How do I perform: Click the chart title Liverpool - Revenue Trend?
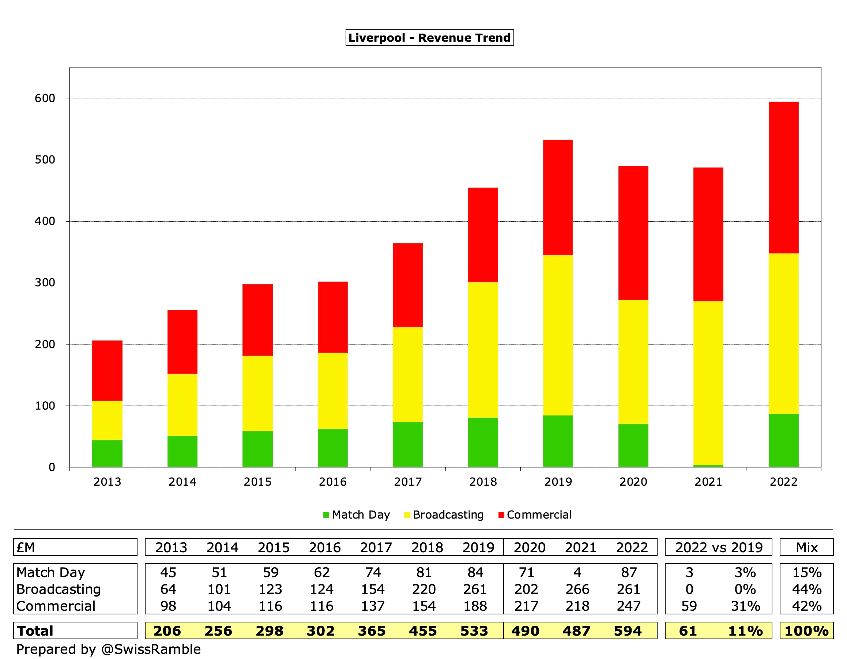pyautogui.click(x=429, y=38)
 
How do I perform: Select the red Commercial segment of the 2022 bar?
pyautogui.click(x=783, y=177)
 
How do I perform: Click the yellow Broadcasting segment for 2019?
pyautogui.click(x=558, y=335)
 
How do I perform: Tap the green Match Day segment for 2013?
pyautogui.click(x=107, y=453)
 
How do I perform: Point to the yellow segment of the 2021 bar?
pyautogui.click(x=708, y=383)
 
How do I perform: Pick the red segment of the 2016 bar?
pyautogui.click(x=332, y=317)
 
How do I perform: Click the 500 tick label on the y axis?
pyautogui.click(x=45, y=160)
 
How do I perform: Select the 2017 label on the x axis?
pyautogui.click(x=408, y=482)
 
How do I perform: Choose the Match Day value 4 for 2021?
pyautogui.click(x=577, y=572)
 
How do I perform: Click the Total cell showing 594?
pyautogui.click(x=628, y=631)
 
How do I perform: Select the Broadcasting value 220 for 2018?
pyautogui.click(x=423, y=589)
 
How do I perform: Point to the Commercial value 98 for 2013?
pyautogui.click(x=168, y=606)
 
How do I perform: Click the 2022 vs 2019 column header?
pyautogui.click(x=718, y=547)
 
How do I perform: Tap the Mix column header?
pyautogui.click(x=806, y=547)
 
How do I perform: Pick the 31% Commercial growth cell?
pyautogui.click(x=745, y=606)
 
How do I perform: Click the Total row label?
pyautogui.click(x=35, y=631)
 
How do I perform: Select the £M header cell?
pyautogui.click(x=26, y=547)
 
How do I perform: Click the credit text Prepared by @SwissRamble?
pyautogui.click(x=109, y=649)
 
